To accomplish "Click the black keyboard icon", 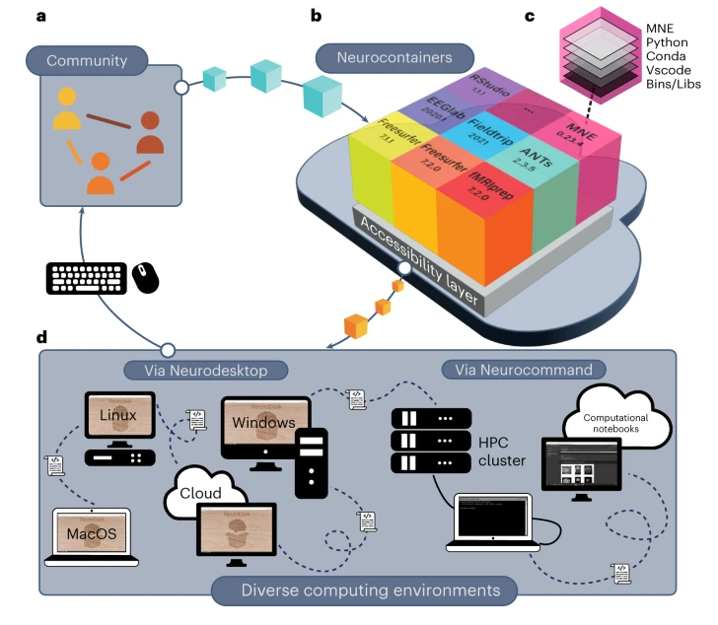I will [86, 278].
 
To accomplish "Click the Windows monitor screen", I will [264, 423].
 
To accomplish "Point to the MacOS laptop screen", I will [91, 533].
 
